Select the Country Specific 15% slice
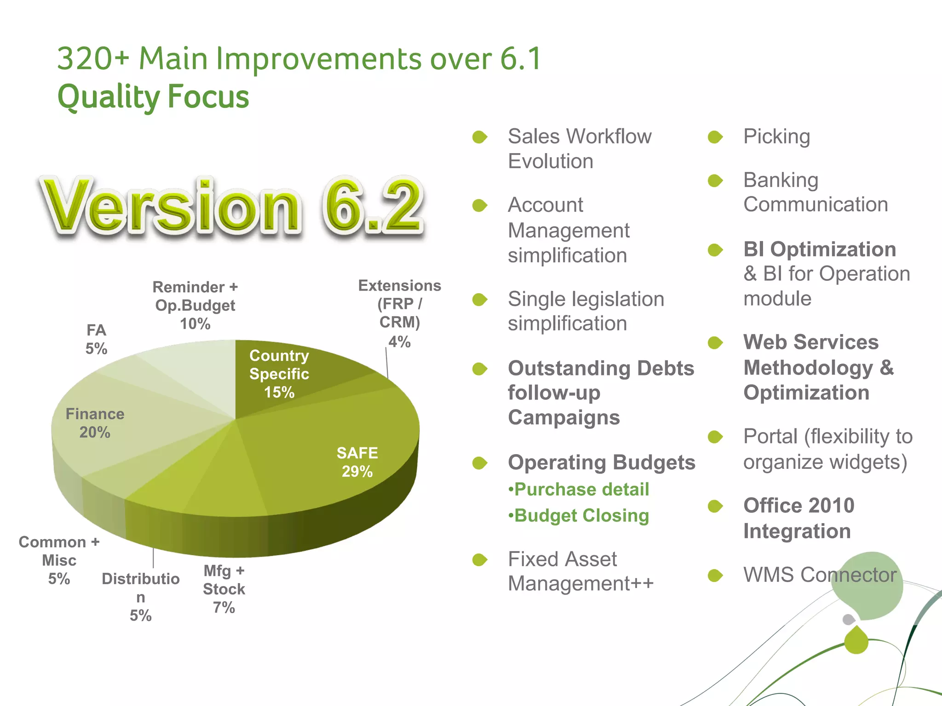tap(279, 373)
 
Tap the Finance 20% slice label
tap(95, 423)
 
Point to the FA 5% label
tap(96, 339)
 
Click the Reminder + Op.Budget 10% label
tap(195, 305)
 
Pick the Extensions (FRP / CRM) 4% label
tap(399, 313)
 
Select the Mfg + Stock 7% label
tap(224, 589)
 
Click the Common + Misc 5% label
tap(59, 560)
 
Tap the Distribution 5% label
tap(140, 597)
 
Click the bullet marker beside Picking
tap(715, 137)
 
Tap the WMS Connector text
tap(820, 575)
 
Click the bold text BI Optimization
tap(820, 250)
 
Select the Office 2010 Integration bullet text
tap(798, 518)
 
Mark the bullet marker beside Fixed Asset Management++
tap(479, 559)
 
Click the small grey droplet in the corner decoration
tap(849, 619)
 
